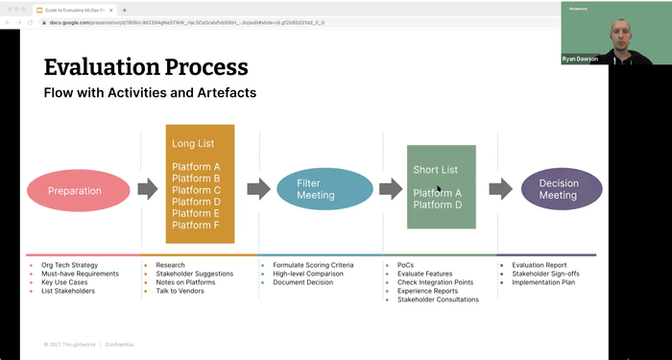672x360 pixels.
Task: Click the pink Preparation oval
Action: pyautogui.click(x=75, y=190)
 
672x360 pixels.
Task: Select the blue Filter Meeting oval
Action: pyautogui.click(x=317, y=189)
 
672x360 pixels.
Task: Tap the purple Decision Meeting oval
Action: pyautogui.click(x=562, y=189)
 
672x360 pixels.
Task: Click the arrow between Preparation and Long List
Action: pyautogui.click(x=147, y=189)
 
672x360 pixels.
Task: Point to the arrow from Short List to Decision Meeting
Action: pyautogui.click(x=500, y=189)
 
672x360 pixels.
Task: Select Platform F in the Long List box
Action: pyautogui.click(x=196, y=226)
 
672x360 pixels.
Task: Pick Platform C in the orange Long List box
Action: pyautogui.click(x=196, y=190)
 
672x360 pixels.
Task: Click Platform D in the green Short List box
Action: pyautogui.click(x=438, y=205)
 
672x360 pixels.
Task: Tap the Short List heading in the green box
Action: pyautogui.click(x=435, y=170)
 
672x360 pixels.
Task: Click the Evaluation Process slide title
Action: pyautogui.click(x=146, y=67)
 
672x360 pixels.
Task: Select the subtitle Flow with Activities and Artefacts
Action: pyautogui.click(x=150, y=93)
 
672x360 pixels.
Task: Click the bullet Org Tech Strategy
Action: pyautogui.click(x=69, y=265)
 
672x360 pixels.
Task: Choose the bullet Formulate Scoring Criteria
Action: pyautogui.click(x=313, y=265)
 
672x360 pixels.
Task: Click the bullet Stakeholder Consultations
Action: pyautogui.click(x=438, y=300)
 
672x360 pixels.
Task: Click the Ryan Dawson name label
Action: pyautogui.click(x=580, y=60)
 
